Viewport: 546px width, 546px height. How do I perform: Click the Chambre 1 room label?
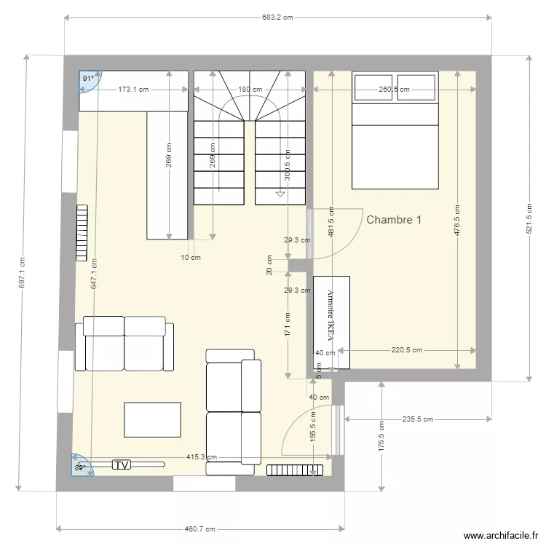pyautogui.click(x=394, y=219)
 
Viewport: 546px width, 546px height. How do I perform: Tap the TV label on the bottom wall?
pyautogui.click(x=122, y=464)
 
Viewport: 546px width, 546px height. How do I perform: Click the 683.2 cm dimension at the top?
pyautogui.click(x=278, y=17)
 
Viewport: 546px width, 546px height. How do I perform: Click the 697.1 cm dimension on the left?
pyautogui.click(x=23, y=272)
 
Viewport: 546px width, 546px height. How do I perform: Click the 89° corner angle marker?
pyautogui.click(x=81, y=467)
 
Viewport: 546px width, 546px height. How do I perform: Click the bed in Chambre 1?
pyautogui.click(x=395, y=130)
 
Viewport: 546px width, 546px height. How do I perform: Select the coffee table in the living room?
pyautogui.click(x=152, y=419)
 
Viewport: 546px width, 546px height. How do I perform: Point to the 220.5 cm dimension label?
pyautogui.click(x=406, y=350)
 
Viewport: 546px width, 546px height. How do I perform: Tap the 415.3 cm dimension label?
pyautogui.click(x=201, y=457)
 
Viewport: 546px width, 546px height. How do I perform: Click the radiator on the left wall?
pyautogui.click(x=82, y=232)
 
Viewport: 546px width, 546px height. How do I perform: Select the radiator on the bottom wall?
pyautogui.click(x=294, y=470)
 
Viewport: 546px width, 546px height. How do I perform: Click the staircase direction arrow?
pyautogui.click(x=280, y=194)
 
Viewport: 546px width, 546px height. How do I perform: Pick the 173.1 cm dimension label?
pyautogui.click(x=133, y=90)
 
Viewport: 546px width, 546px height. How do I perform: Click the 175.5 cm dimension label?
pyautogui.click(x=381, y=435)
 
